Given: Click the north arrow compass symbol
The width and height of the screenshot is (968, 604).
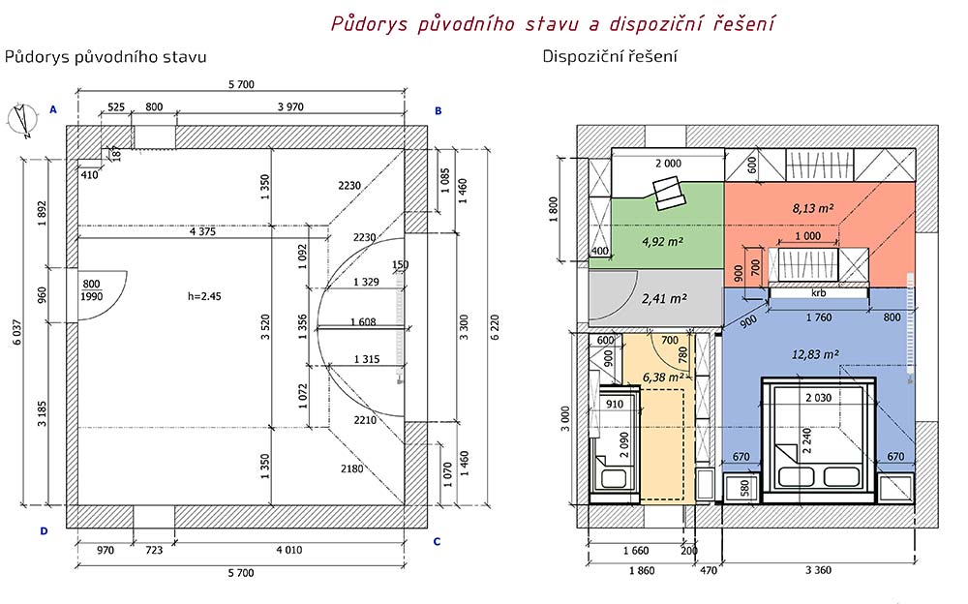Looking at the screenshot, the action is (x=22, y=119).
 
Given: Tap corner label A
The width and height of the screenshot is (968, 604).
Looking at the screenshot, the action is (x=53, y=110).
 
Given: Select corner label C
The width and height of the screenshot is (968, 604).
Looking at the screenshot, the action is (x=438, y=542).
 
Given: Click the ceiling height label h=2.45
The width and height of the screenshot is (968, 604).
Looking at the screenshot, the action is (x=204, y=296).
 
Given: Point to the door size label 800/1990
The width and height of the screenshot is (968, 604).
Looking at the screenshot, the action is (x=91, y=290).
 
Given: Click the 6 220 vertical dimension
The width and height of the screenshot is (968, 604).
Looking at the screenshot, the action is (x=495, y=327).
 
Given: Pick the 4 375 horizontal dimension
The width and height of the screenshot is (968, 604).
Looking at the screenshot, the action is (x=202, y=231).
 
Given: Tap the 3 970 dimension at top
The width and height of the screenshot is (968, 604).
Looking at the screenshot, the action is (x=290, y=106).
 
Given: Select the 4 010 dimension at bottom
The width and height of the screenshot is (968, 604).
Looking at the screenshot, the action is (x=288, y=550).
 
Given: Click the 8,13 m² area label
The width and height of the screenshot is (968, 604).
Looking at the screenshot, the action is (x=813, y=209).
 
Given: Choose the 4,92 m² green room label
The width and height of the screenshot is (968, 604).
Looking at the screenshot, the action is (x=662, y=241).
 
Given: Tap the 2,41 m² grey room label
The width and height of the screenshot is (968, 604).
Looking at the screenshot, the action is (x=664, y=299).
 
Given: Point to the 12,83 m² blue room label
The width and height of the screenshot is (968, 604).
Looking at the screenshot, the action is (x=815, y=354).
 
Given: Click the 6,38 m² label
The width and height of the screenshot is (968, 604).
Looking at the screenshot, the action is (x=663, y=377).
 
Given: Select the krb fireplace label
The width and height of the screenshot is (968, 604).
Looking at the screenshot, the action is (x=818, y=292).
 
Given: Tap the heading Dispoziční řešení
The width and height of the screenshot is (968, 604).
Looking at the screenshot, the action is (x=609, y=56).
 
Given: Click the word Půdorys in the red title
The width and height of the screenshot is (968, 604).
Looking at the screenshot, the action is (x=369, y=23).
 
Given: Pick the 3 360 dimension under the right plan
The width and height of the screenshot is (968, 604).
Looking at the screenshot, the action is (x=818, y=570).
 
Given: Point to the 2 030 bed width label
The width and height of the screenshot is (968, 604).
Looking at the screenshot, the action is (x=818, y=398).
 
